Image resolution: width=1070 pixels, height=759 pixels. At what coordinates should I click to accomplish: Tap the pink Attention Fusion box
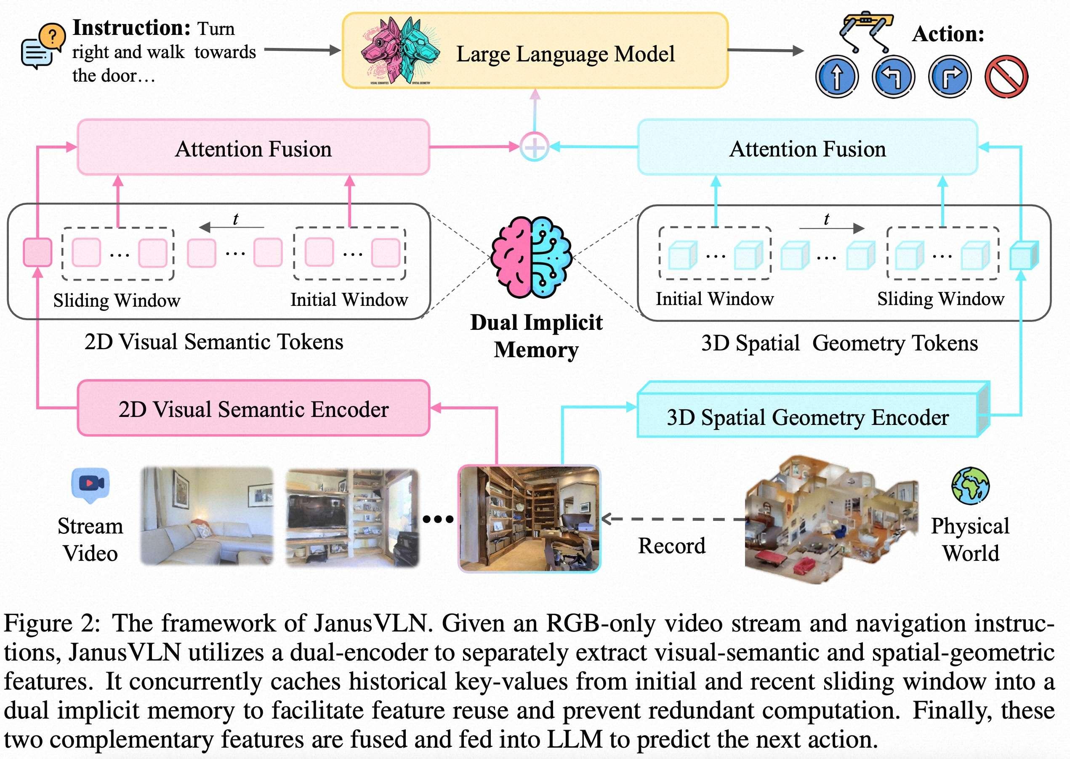click(x=253, y=148)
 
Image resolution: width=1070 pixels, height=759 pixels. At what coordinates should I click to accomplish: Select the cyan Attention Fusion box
click(x=807, y=148)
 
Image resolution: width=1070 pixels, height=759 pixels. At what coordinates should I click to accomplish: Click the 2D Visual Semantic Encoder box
click(x=253, y=409)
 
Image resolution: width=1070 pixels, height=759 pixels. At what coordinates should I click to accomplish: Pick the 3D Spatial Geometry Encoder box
click(x=807, y=416)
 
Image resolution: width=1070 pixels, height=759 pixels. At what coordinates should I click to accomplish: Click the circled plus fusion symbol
click(x=534, y=147)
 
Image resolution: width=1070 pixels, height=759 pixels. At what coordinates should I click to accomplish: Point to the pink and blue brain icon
click(x=531, y=257)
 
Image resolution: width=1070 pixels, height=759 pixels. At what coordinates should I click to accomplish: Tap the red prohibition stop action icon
click(x=1006, y=77)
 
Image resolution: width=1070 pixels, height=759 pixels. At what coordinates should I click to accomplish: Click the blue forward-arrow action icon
click(x=837, y=77)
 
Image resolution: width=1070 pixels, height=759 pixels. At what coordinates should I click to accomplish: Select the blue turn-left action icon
click(x=893, y=77)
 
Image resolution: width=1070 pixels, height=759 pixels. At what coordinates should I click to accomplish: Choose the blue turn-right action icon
click(x=949, y=77)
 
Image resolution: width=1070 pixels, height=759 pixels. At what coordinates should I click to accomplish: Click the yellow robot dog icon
click(x=866, y=31)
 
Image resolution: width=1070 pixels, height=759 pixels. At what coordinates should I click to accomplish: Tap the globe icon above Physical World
click(x=970, y=486)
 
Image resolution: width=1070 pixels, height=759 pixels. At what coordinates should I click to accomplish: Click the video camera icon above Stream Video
click(x=90, y=484)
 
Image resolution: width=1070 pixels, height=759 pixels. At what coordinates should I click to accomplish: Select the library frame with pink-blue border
click(x=529, y=518)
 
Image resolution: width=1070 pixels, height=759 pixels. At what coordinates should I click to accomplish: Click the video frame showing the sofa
click(x=207, y=516)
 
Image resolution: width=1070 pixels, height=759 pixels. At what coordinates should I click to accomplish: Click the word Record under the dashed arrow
click(x=672, y=545)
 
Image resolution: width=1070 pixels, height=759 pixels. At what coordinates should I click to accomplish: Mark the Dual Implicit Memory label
click(x=536, y=336)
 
